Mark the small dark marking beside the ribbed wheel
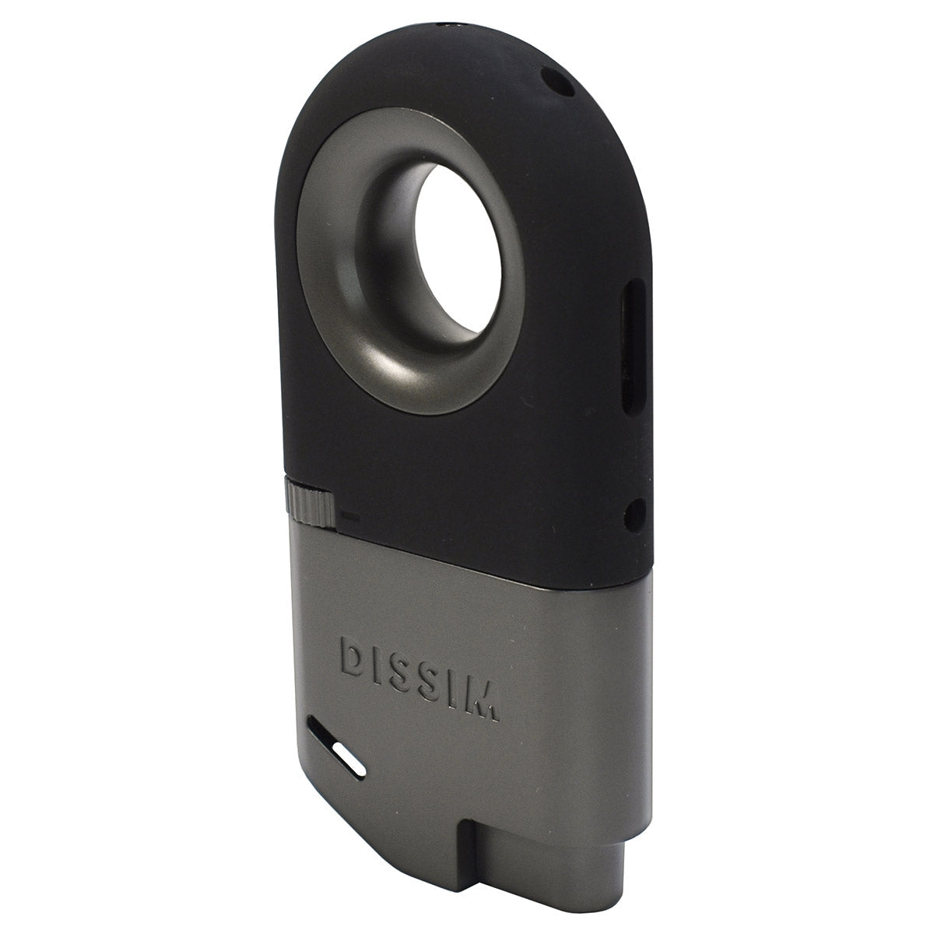tap(349, 515)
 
